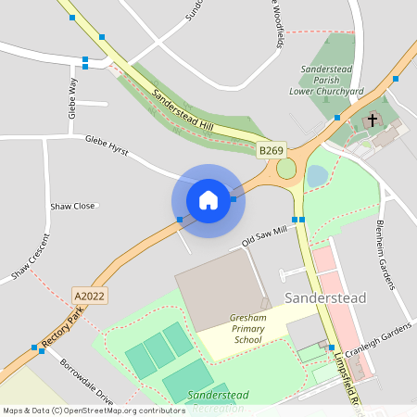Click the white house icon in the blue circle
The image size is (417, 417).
coord(208,200)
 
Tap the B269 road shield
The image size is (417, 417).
coord(271,150)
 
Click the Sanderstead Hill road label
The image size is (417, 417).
coord(182,113)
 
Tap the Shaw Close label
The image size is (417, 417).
coord(72,206)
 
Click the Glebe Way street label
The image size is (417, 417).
coord(72,94)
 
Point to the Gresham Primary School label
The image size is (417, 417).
coord(247,329)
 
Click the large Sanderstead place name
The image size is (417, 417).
coord(325,297)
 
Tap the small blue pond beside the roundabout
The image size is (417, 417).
coord(317,175)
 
